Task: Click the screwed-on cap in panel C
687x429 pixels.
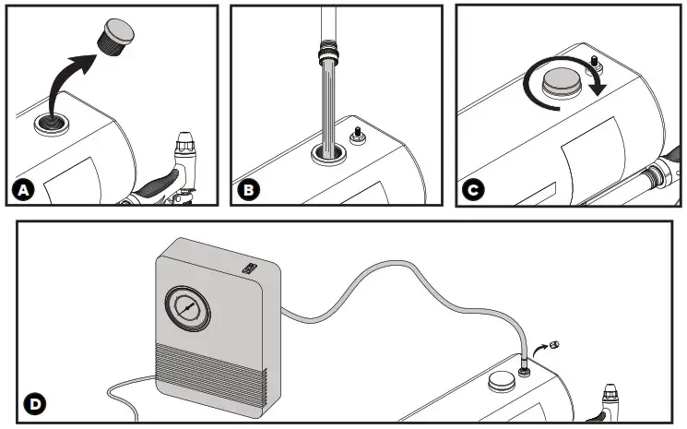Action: (561, 82)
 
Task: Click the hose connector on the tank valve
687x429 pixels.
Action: (523, 366)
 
